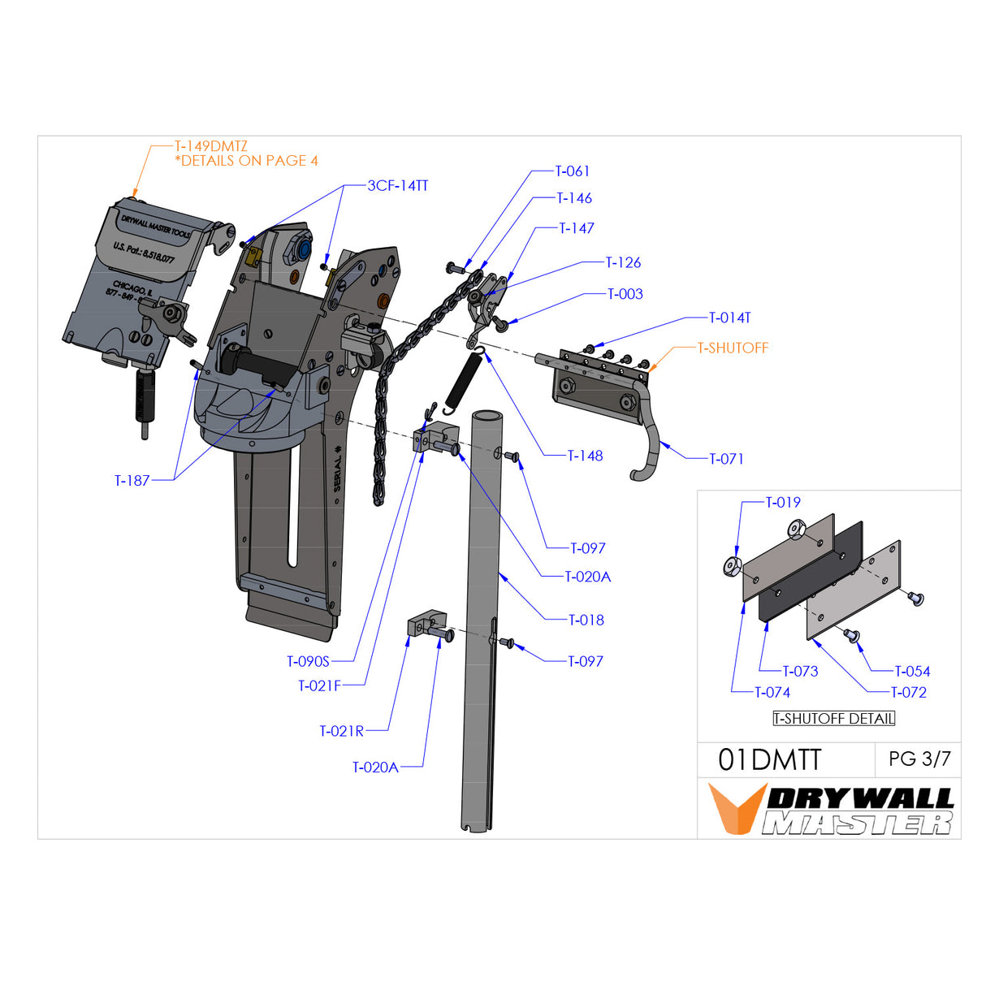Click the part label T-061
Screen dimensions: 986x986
click(x=573, y=171)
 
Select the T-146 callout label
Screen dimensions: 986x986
click(x=574, y=198)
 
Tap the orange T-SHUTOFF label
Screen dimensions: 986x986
click(x=733, y=348)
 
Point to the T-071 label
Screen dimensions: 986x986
click(x=726, y=459)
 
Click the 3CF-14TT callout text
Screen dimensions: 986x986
click(x=398, y=186)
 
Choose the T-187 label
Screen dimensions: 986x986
click(x=132, y=481)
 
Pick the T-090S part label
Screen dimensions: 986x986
click(x=309, y=662)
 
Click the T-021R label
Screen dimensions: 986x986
click(x=342, y=732)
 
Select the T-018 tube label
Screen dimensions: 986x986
click(x=586, y=621)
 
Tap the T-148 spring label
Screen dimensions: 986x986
click(x=586, y=456)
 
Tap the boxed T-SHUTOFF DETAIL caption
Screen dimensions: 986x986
click(x=834, y=719)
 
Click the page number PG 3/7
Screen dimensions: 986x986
click(x=919, y=759)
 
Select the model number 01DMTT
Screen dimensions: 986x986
click(x=770, y=760)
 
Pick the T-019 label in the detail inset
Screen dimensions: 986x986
click(x=783, y=503)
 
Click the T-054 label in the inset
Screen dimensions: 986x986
click(x=912, y=672)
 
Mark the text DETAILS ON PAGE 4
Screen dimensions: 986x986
click(x=249, y=162)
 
